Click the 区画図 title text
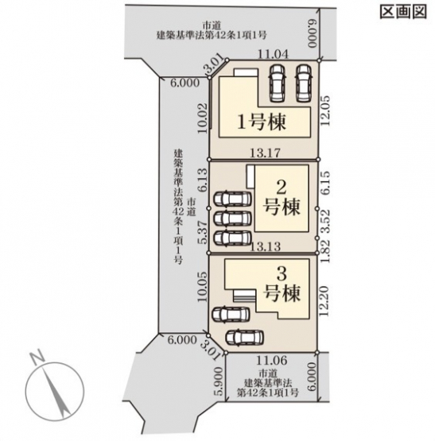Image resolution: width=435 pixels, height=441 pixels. (403, 12)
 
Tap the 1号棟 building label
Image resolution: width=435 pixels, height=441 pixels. (262, 122)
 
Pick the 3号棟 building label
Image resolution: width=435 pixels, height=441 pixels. (282, 284)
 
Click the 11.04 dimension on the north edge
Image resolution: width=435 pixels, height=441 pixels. (274, 54)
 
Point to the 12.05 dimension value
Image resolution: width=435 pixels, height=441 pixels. (325, 110)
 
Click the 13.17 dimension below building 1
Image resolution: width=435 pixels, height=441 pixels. (266, 153)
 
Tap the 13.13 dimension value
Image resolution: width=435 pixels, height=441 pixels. (266, 247)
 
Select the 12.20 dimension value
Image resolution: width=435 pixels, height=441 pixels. (324, 301)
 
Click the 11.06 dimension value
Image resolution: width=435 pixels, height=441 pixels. (272, 361)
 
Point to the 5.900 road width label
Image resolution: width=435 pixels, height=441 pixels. (220, 381)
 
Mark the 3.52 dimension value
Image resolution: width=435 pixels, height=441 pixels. (325, 222)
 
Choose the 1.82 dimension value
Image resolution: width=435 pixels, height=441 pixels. (325, 251)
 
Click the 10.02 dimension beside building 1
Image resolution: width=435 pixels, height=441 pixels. (203, 118)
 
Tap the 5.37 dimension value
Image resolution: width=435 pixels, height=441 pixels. (203, 233)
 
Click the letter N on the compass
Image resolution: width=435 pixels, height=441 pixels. (37, 357)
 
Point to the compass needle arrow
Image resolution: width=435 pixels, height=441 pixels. (56, 392)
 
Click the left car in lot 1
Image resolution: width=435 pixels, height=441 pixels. (277, 83)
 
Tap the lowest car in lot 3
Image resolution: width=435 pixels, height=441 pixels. (245, 338)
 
